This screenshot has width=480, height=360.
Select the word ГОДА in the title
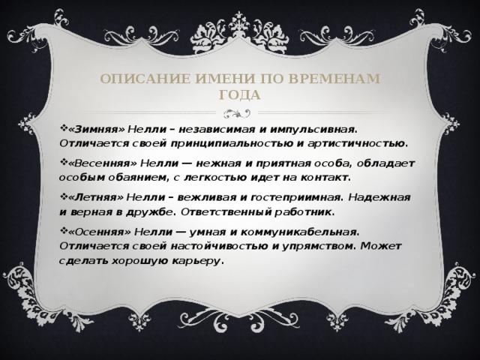pyautogui.click(x=240, y=95)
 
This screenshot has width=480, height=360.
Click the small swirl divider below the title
pyautogui.click(x=240, y=113)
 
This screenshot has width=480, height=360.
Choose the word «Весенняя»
pyautogui.click(x=100, y=162)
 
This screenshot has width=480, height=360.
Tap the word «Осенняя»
pyautogui.click(x=97, y=232)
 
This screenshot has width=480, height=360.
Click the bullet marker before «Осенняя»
pyautogui.click(x=63, y=232)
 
